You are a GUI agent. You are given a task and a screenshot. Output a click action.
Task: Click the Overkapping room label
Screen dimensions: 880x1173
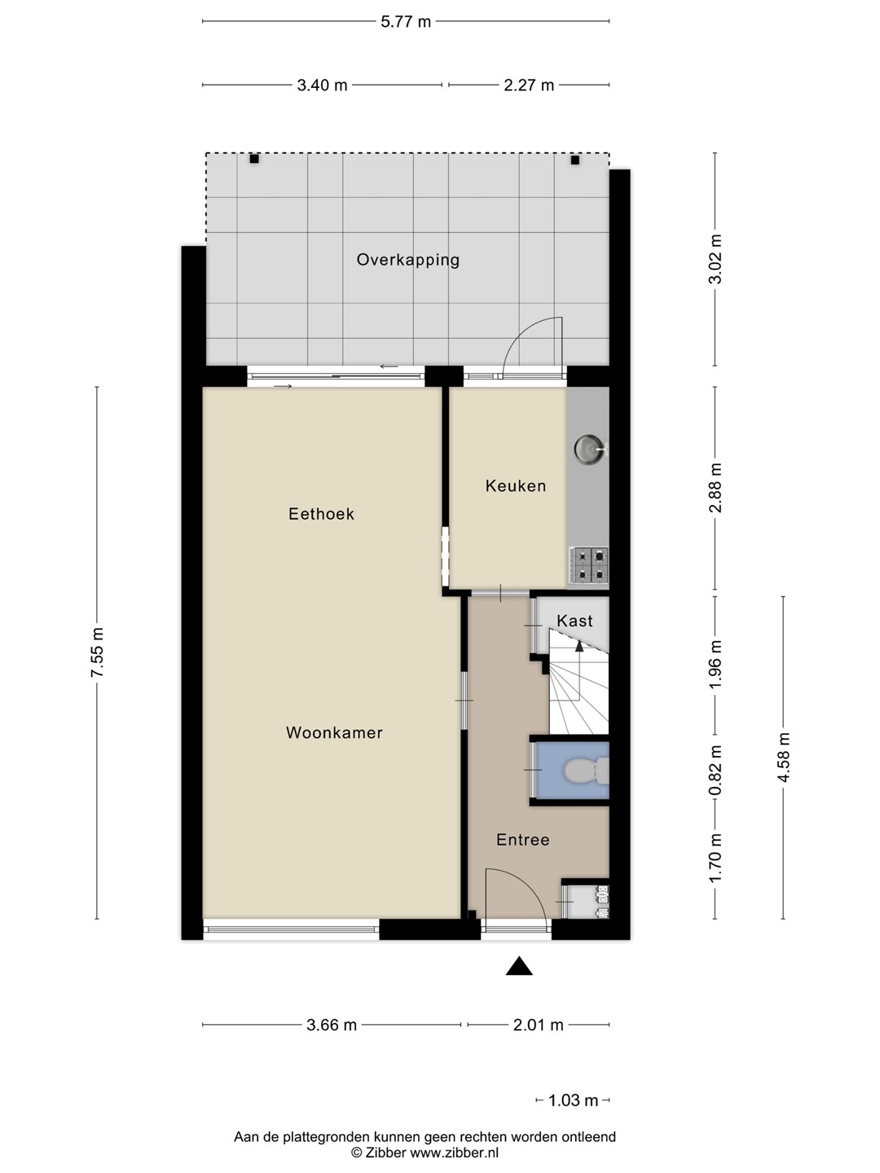click(407, 260)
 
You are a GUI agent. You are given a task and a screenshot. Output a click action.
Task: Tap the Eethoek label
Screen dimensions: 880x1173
click(321, 514)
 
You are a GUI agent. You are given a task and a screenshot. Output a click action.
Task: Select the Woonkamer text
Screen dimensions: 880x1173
click(334, 732)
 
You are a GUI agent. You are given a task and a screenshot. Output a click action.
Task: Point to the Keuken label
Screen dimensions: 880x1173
click(516, 485)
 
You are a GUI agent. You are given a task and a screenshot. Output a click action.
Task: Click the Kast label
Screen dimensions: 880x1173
click(574, 621)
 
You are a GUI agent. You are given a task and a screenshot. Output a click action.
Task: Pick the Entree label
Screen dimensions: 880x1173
click(522, 840)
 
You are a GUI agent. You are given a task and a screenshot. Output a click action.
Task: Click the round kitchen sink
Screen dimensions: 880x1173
click(589, 448)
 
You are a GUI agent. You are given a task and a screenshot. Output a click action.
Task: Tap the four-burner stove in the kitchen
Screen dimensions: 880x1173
click(588, 565)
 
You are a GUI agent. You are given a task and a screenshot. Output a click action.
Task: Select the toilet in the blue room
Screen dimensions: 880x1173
click(586, 770)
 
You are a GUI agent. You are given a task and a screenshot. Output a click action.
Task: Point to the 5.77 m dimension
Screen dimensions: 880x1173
click(406, 22)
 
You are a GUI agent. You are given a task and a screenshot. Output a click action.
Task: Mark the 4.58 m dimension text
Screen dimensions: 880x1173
click(784, 758)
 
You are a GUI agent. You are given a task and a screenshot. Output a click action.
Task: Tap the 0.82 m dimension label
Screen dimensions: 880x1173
click(715, 770)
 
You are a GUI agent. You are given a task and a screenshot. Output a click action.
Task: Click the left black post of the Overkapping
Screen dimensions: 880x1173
click(254, 159)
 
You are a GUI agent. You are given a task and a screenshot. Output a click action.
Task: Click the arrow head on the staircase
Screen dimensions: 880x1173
click(579, 646)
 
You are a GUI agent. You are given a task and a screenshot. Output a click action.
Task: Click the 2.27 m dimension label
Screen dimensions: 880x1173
click(529, 85)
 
